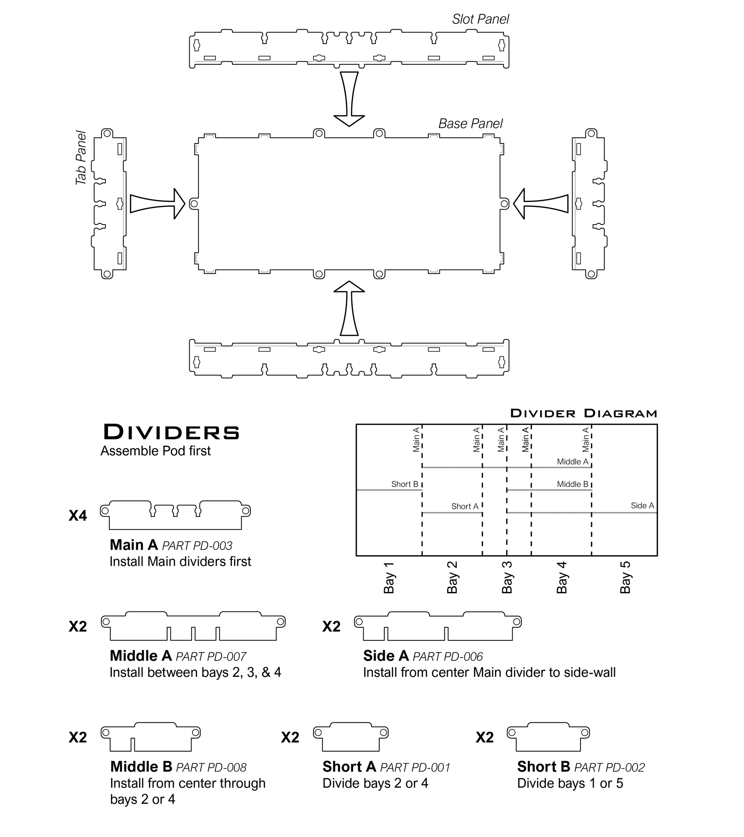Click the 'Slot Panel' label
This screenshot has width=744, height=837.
click(480, 19)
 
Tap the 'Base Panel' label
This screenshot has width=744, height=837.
click(470, 124)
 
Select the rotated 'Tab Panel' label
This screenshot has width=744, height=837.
click(81, 158)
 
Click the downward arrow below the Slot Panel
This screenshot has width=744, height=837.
click(349, 99)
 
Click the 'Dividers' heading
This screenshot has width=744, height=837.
click(171, 432)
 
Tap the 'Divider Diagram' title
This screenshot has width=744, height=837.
click(583, 413)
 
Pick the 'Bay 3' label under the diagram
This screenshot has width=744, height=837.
click(507, 577)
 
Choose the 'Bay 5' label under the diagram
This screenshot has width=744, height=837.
click(625, 577)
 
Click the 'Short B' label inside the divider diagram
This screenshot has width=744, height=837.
click(405, 484)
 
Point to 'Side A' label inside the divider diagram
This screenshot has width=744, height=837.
click(642, 506)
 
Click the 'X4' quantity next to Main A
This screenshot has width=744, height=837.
click(78, 516)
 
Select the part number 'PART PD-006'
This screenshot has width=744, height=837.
click(448, 657)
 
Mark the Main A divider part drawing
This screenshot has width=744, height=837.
click(175, 515)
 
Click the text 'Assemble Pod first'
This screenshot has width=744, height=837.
click(155, 451)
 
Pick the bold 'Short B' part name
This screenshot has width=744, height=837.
click(543, 767)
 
